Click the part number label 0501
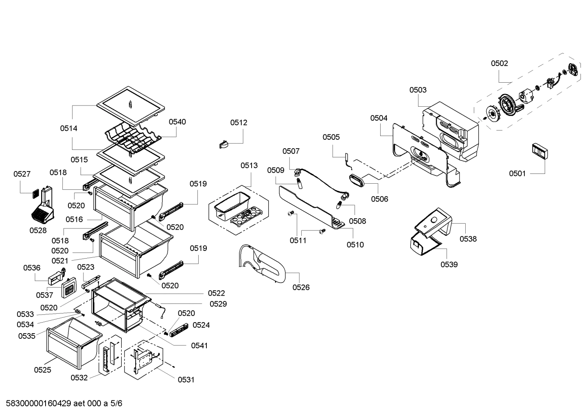[x=517, y=173]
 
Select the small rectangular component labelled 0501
[x=539, y=152]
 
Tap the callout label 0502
[x=499, y=63]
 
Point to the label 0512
[x=239, y=123]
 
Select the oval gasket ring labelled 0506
[x=358, y=180]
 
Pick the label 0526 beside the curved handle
[x=301, y=287]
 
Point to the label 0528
[x=38, y=230]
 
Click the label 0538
[x=468, y=239]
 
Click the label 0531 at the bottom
[x=186, y=380]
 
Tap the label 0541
[x=199, y=345]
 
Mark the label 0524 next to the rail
[x=201, y=325]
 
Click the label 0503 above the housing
[x=418, y=90]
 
